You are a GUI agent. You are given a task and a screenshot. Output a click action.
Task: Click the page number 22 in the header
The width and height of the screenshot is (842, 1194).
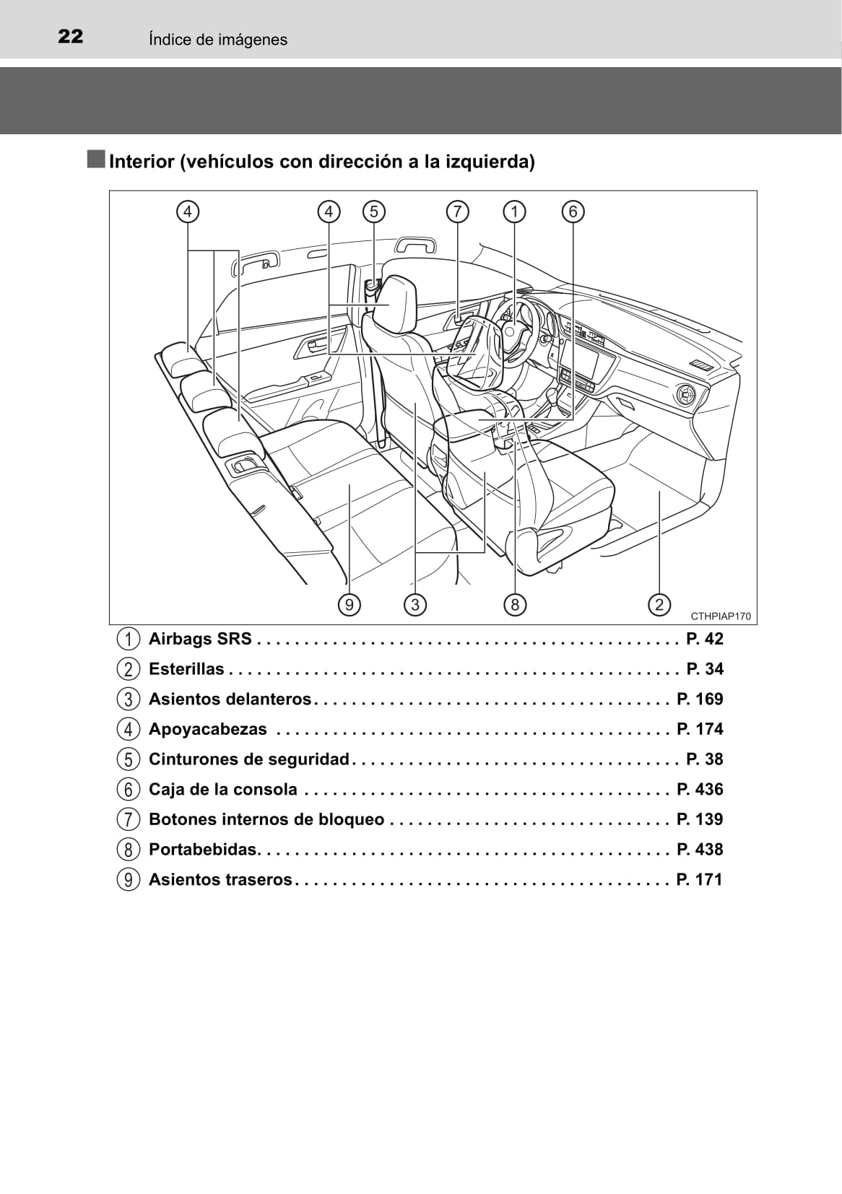tap(70, 37)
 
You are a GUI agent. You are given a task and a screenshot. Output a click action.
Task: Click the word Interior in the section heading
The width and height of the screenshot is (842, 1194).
tap(142, 162)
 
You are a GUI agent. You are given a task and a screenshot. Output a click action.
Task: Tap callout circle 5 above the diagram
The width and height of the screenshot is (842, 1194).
tap(374, 212)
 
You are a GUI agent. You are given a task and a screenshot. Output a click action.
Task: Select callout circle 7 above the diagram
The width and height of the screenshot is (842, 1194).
tap(458, 212)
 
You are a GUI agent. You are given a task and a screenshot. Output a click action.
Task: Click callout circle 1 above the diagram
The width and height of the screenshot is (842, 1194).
tap(515, 212)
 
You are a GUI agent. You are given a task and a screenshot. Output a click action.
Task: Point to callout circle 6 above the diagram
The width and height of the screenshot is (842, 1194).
tap(573, 212)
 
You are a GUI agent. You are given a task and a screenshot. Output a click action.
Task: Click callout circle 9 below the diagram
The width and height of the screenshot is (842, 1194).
tap(350, 604)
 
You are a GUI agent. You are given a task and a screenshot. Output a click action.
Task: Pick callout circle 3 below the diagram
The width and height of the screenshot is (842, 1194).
tap(415, 604)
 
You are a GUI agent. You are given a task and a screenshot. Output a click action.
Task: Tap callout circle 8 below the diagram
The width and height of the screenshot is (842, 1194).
tap(515, 604)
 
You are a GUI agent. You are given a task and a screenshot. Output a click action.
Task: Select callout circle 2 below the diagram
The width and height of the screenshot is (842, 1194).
tap(659, 604)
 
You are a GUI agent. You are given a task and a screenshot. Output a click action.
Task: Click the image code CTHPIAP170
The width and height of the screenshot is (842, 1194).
tap(721, 616)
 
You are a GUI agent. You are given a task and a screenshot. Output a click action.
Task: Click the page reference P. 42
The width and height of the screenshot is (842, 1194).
tap(704, 639)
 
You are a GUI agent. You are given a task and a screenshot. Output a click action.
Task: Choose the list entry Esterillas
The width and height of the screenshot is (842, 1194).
tap(186, 668)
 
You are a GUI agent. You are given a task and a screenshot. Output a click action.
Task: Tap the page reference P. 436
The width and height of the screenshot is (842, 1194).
tap(700, 789)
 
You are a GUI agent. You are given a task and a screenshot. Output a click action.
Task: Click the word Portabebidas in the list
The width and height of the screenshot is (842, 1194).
tap(204, 849)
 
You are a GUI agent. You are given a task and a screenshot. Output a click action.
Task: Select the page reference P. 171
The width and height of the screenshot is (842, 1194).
tap(700, 879)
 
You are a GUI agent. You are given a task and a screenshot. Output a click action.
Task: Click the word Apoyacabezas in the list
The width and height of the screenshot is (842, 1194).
tap(207, 728)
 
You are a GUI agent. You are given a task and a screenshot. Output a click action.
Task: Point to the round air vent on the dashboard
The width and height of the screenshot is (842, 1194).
tap(684, 394)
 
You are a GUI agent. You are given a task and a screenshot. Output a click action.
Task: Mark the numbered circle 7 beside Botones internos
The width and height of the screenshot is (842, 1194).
tap(128, 819)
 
